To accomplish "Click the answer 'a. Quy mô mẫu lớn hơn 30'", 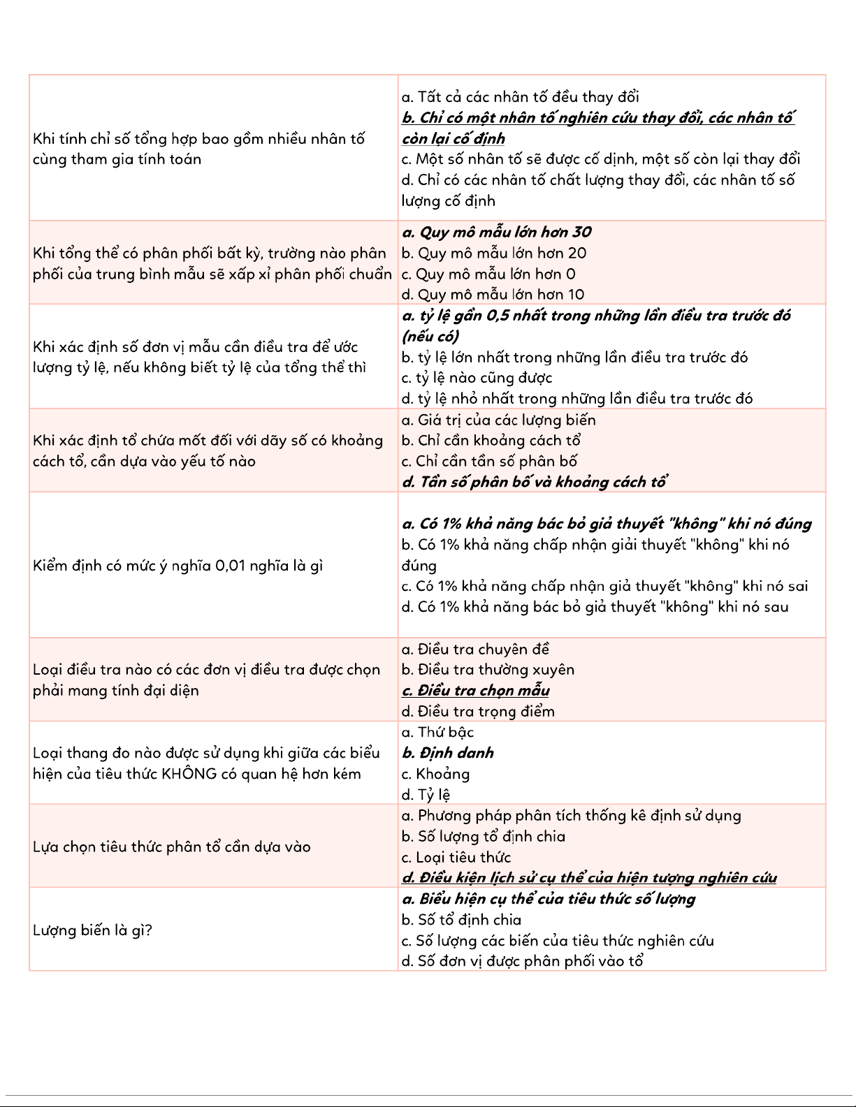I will click(497, 232).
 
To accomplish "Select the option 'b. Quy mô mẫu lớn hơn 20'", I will click(494, 253).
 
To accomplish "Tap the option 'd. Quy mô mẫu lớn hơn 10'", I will click(493, 294).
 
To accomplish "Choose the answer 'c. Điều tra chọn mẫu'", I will click(475, 690).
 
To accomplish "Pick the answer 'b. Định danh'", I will click(448, 753).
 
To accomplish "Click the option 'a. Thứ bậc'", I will click(437, 732).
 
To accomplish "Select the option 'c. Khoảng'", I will click(435, 774).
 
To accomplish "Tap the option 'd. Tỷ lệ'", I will click(426, 795).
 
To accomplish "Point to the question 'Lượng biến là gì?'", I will click(92, 930).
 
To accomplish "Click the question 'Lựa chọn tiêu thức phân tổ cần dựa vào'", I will click(171, 846).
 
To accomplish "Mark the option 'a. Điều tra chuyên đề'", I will click(475, 649).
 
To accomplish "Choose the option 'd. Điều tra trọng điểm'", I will click(478, 711).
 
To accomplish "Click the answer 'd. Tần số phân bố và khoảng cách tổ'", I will click(534, 482).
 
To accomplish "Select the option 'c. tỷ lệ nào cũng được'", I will click(477, 378).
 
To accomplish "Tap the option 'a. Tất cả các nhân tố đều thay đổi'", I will click(520, 97).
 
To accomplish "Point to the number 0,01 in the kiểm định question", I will click(235, 565).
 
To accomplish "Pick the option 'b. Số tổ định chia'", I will click(461, 920).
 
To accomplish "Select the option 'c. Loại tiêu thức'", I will click(456, 857).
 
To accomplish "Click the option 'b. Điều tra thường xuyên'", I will click(488, 669).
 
